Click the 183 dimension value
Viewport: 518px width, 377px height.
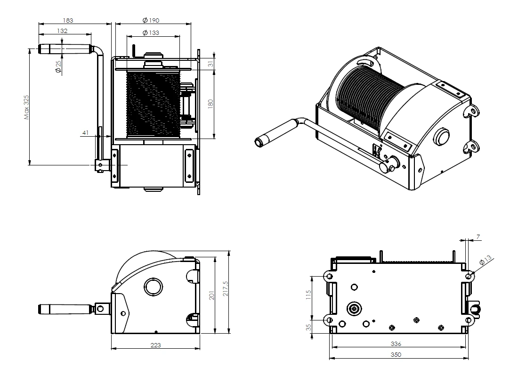tap(68, 21)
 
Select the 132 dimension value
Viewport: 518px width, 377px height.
tap(62, 31)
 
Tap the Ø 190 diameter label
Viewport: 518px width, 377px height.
tap(151, 21)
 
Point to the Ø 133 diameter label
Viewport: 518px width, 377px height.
tap(151, 33)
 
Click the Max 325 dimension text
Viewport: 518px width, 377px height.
tap(27, 107)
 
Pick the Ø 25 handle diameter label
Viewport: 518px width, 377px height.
tap(58, 67)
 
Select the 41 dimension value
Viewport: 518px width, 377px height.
tap(86, 132)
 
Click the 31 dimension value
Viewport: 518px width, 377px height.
tap(210, 63)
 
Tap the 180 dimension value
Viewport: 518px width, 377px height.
tap(210, 104)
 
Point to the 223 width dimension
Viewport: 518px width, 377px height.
tap(155, 345)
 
